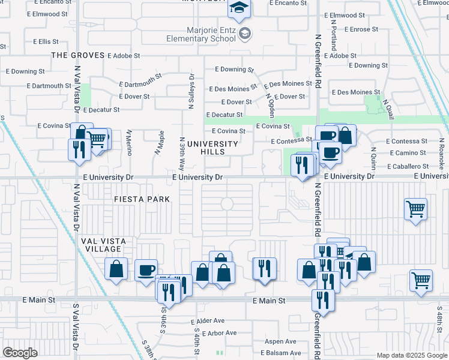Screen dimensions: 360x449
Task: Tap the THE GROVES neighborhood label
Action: pos(77,55)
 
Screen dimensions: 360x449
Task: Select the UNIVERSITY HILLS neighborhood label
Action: pos(212,148)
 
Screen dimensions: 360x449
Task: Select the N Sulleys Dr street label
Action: pos(191,91)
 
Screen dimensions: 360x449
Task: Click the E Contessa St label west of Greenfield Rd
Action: pos(292,141)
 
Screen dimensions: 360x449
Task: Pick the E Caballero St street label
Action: pos(408,166)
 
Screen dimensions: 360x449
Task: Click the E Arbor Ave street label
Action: pos(219,333)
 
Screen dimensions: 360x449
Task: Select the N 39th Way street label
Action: pos(181,148)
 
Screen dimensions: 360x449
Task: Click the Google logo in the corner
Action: pos(20,353)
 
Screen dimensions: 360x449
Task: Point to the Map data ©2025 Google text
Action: pos(411,355)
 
